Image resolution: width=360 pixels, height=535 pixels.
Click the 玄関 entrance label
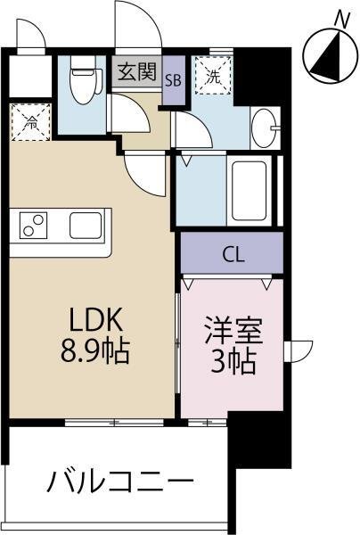(x=137, y=71)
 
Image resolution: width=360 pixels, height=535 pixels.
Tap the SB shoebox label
(x=173, y=80)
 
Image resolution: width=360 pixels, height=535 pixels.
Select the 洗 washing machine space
(x=213, y=76)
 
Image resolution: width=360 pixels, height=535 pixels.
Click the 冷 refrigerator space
(x=31, y=122)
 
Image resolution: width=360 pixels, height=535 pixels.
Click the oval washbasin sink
(x=265, y=128)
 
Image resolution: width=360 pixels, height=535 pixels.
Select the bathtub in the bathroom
(x=249, y=191)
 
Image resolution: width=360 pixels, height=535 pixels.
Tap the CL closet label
(x=233, y=254)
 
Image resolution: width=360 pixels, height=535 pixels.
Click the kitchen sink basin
(x=86, y=226)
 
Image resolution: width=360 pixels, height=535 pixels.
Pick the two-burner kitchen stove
(x=33, y=226)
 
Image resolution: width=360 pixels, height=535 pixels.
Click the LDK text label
(x=96, y=320)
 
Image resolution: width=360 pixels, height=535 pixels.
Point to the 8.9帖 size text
(x=95, y=350)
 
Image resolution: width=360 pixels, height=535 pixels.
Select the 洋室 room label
(x=233, y=330)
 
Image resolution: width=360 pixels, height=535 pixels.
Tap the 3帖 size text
(x=233, y=361)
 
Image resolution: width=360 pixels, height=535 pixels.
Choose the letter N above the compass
(x=342, y=20)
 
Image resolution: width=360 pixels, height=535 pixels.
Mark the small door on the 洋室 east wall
(x=299, y=351)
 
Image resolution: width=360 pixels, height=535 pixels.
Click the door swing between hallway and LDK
(x=145, y=175)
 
